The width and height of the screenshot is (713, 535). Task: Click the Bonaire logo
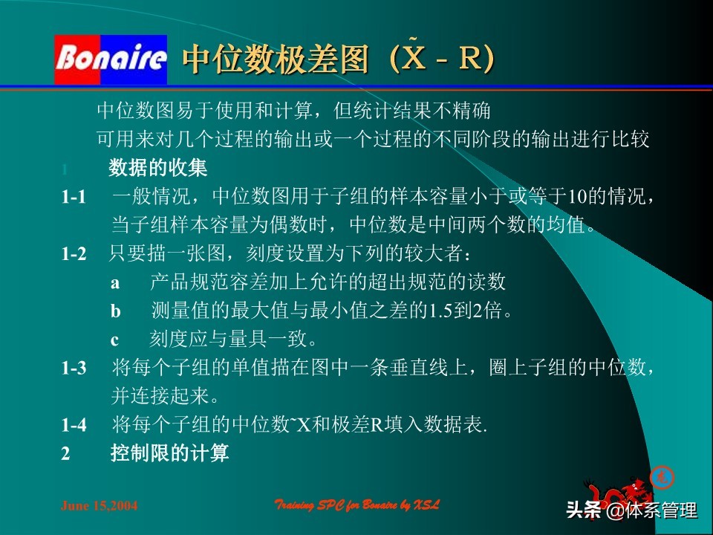[111, 59]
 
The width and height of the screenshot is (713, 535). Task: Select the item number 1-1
[74, 197]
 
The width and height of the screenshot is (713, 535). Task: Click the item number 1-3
[74, 368]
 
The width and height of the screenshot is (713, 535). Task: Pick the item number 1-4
[74, 425]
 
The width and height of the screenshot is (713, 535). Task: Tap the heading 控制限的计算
[169, 453]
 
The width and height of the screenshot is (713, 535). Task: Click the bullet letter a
[115, 283]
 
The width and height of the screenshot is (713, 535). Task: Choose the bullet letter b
[115, 311]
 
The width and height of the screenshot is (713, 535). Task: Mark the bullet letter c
[115, 340]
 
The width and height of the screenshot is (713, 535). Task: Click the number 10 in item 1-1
[577, 198]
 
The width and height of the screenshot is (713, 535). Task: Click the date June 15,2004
[99, 506]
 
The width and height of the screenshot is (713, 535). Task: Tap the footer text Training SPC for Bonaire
[357, 505]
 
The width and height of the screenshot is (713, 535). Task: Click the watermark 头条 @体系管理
[631, 511]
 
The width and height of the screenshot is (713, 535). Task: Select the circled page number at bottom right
[662, 478]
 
